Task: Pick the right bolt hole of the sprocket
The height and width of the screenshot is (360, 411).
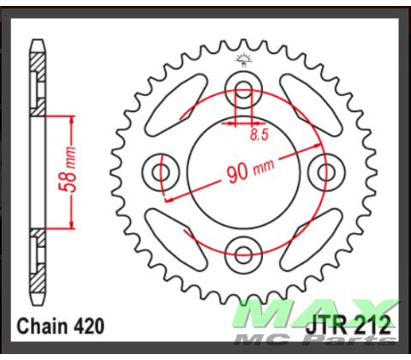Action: (x=325, y=172)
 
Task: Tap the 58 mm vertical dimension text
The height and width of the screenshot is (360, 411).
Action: (x=74, y=172)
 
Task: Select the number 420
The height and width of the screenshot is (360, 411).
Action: (x=89, y=327)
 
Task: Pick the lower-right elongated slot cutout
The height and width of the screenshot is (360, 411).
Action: (x=304, y=233)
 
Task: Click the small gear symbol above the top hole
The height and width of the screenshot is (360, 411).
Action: (x=243, y=59)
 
